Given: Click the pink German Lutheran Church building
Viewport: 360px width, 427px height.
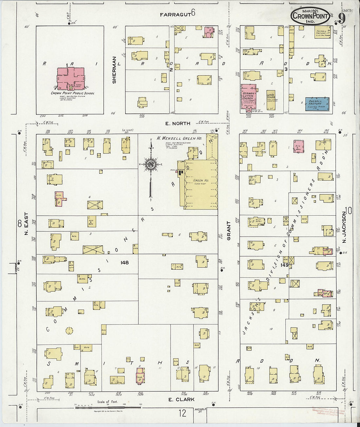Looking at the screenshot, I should (x=248, y=97).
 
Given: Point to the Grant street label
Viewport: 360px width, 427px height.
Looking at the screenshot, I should (x=229, y=231).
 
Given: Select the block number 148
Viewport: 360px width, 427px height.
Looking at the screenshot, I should (x=124, y=262).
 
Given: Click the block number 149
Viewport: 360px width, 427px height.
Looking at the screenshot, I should (x=284, y=265).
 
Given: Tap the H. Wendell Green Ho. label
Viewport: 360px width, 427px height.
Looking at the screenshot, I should (x=174, y=138).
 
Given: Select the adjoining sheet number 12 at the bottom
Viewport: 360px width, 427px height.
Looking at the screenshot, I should (x=183, y=413).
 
